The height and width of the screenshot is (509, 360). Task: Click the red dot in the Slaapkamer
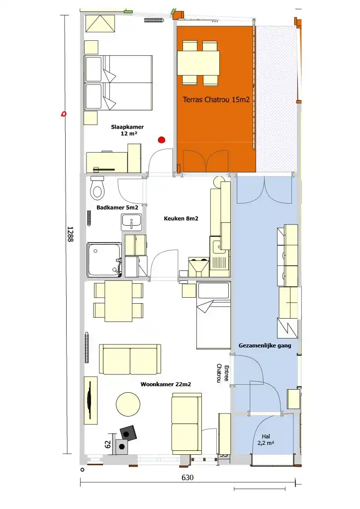click(x=161, y=140)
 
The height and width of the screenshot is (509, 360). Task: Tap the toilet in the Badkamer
click(x=97, y=188)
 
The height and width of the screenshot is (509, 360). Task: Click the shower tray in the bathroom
click(x=104, y=259)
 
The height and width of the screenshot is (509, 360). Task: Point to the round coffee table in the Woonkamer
click(x=128, y=404)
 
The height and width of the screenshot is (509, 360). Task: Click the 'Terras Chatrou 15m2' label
click(x=216, y=99)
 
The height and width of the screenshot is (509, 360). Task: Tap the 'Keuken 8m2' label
click(x=181, y=219)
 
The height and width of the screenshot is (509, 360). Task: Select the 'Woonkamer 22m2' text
click(x=166, y=384)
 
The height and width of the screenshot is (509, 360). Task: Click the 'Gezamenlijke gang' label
click(x=265, y=346)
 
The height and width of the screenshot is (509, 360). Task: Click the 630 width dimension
click(x=187, y=477)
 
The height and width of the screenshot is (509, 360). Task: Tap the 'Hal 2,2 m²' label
click(x=266, y=439)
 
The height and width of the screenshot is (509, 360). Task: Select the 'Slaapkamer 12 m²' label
click(x=127, y=130)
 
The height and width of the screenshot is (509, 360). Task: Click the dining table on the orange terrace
click(x=198, y=63)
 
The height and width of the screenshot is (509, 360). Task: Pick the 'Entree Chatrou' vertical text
click(x=223, y=373)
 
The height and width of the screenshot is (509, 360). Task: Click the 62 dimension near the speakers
click(x=108, y=444)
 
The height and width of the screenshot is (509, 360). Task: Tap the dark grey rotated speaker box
click(x=128, y=433)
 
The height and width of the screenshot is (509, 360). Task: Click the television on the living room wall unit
click(x=90, y=400)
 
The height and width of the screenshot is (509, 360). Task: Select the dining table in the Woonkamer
click(x=118, y=301)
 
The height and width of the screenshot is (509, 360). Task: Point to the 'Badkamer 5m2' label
click(x=117, y=207)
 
